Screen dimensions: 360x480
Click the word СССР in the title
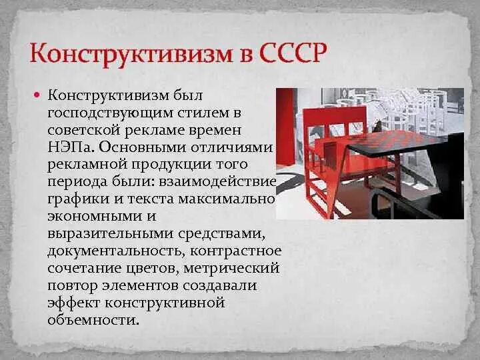(x=290, y=52)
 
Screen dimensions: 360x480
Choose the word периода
(x=75, y=181)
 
